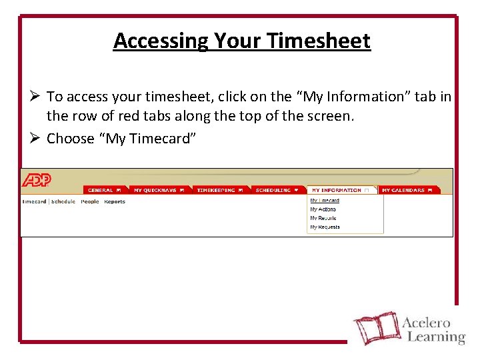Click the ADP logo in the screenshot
coord(37,180)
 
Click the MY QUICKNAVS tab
coord(159,190)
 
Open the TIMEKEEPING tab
coord(219,190)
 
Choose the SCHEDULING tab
coord(277,190)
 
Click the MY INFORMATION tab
coord(340,190)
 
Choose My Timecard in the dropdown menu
coord(325,201)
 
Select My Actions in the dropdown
coord(323,209)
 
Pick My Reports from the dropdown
coord(323,218)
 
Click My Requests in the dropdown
coord(325,227)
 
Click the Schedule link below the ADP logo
coord(63,201)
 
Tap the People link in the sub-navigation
coord(90,201)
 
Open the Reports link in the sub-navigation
coord(115,201)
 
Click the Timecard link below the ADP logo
coord(34,201)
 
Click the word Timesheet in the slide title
coord(319,41)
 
